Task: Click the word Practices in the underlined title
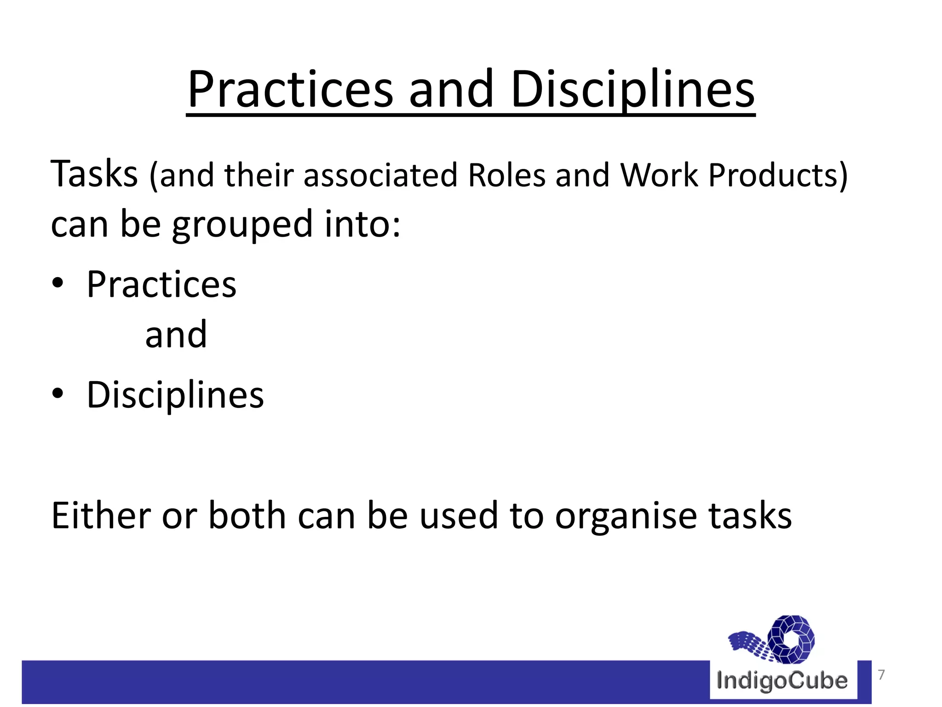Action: pos(290,90)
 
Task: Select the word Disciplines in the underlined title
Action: pos(632,90)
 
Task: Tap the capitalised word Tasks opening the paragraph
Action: pos(94,174)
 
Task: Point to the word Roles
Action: pos(506,175)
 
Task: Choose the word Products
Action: pos(777,175)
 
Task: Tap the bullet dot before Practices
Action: pos(57,284)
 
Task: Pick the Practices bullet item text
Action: pos(161,284)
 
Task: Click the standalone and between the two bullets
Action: pos(176,335)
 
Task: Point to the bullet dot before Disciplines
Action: pos(57,394)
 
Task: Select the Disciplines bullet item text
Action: pos(175,395)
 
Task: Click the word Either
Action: pos(101,516)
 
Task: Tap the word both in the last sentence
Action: pos(247,516)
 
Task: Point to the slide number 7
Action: pos(881,675)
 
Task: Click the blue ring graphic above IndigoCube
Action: pos(792,639)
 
